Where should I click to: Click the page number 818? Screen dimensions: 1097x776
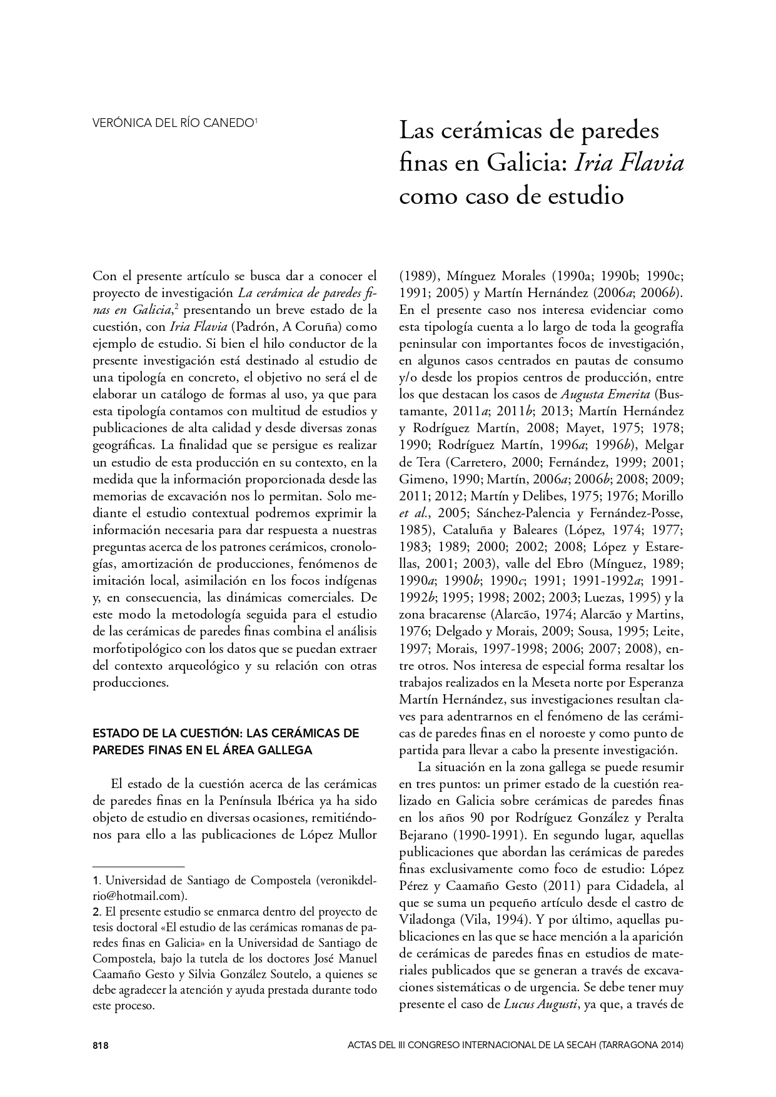click(x=101, y=1045)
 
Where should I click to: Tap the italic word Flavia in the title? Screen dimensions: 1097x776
click(x=651, y=163)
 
